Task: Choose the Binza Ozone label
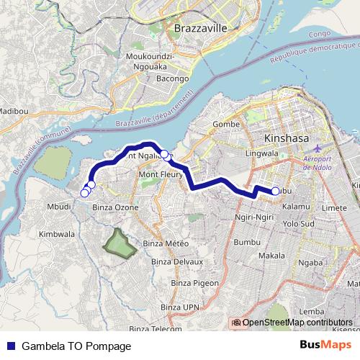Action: click(116, 207)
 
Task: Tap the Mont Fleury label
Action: click(159, 175)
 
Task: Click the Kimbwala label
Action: click(57, 234)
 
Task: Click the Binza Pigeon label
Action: click(194, 284)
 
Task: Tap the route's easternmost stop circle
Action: click(276, 191)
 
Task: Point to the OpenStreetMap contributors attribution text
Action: click(297, 323)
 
